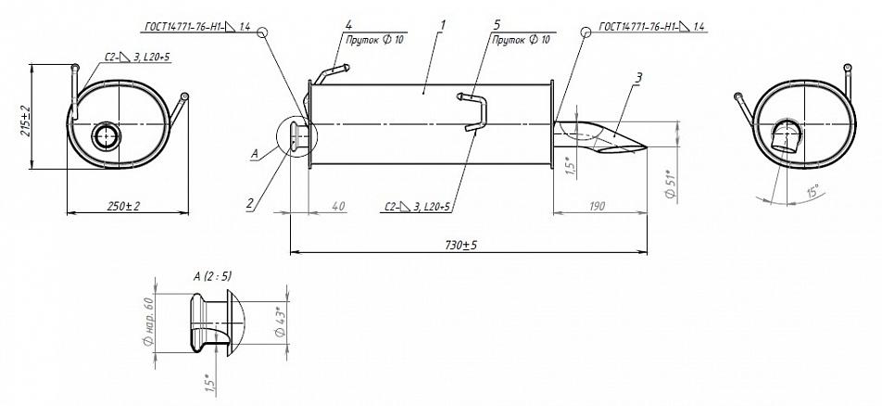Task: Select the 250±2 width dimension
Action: (123, 206)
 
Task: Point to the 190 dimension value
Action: (597, 206)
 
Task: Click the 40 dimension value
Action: (338, 207)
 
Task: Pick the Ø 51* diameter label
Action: (670, 183)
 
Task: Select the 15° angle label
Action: (813, 190)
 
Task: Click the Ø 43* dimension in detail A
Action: (282, 322)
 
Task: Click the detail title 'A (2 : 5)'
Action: (212, 276)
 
